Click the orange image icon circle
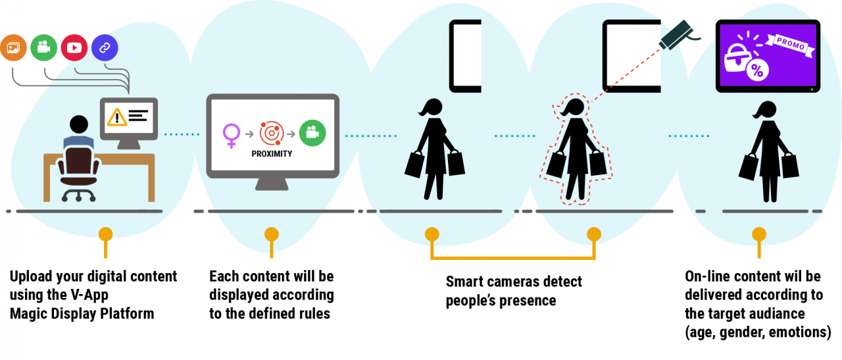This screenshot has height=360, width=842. pos(13,47)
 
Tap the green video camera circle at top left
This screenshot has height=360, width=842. pos(44,47)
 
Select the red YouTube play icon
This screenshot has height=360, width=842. pos(74,47)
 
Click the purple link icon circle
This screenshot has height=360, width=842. pos(105,47)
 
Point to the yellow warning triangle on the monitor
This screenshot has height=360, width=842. pos(117,117)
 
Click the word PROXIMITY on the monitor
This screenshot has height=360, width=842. pos(272,154)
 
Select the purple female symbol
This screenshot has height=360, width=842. pos(232,134)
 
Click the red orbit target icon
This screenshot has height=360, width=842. pos(272,133)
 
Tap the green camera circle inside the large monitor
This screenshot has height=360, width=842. pos(312,133)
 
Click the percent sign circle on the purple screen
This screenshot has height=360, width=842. pos(756,71)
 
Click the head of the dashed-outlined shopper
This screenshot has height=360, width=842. pos(574,107)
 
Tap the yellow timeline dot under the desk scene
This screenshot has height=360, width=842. pos(105,234)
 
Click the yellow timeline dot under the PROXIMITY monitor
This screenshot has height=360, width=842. pos(272,234)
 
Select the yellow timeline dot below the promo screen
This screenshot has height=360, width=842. pos(759,234)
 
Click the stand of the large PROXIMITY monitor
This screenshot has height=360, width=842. pos(272,184)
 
